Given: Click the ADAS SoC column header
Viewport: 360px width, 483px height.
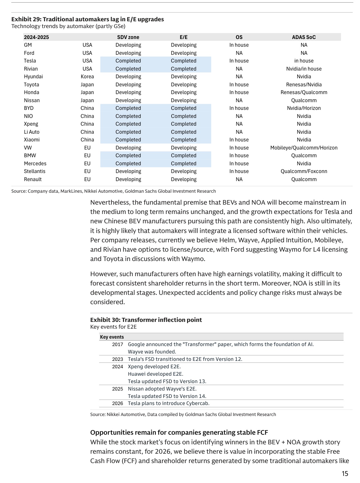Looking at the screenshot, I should click(304, 37).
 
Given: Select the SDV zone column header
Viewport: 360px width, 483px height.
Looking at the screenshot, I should click(128, 37).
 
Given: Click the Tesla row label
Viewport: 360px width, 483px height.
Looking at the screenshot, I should click(30, 61).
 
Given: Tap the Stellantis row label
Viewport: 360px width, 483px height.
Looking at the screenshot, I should click(34, 171).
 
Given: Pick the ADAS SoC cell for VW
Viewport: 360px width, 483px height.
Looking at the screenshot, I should click(304, 148).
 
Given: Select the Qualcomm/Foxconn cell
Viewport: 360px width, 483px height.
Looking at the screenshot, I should click(304, 171).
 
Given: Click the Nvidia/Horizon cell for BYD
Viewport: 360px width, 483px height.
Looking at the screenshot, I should click(304, 108).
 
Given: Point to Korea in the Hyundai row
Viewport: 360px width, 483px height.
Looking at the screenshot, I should click(87, 77).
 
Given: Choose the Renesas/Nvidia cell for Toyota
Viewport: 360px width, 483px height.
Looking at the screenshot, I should click(304, 85).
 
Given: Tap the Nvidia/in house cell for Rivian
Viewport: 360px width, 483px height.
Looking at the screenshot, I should click(304, 69).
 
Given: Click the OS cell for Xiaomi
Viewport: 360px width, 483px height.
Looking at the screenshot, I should click(239, 140).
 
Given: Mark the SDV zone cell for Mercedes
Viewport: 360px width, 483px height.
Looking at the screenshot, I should click(128, 164).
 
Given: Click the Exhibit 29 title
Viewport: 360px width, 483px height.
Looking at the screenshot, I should click(88, 19).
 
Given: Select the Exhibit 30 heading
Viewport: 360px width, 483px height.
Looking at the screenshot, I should click(146, 320).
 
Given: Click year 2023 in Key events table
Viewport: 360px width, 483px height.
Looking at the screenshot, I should click(118, 359).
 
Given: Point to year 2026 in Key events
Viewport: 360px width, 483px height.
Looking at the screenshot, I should click(118, 403).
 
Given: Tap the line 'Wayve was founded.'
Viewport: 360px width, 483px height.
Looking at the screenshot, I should click(152, 352).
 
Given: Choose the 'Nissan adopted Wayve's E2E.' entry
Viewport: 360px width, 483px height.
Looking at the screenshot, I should click(162, 389).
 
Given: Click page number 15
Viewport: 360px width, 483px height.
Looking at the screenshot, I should click(345, 474).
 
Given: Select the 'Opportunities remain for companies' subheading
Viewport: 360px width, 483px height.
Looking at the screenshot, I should click(179, 432).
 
